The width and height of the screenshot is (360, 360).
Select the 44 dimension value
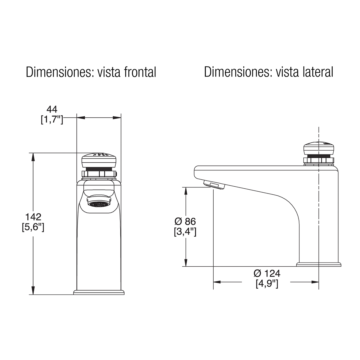point(52,109)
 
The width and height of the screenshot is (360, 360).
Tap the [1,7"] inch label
point(52,120)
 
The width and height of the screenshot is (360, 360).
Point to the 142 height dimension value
point(33,217)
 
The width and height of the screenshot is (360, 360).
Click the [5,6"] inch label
point(33,227)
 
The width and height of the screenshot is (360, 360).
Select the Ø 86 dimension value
point(185,222)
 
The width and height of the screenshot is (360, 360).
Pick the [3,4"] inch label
point(185,232)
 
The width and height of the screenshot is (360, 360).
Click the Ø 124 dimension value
point(267,274)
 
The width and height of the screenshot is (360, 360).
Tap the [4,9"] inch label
point(267,284)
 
